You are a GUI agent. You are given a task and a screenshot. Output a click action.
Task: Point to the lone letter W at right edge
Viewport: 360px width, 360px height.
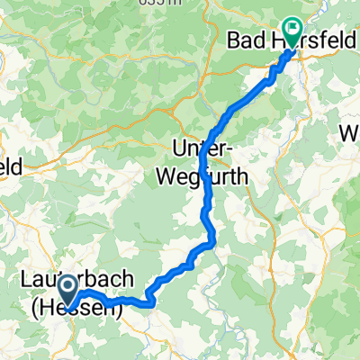coord(349,135)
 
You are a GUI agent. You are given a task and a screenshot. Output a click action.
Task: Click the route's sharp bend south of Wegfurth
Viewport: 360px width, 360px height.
coord(212,240)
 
